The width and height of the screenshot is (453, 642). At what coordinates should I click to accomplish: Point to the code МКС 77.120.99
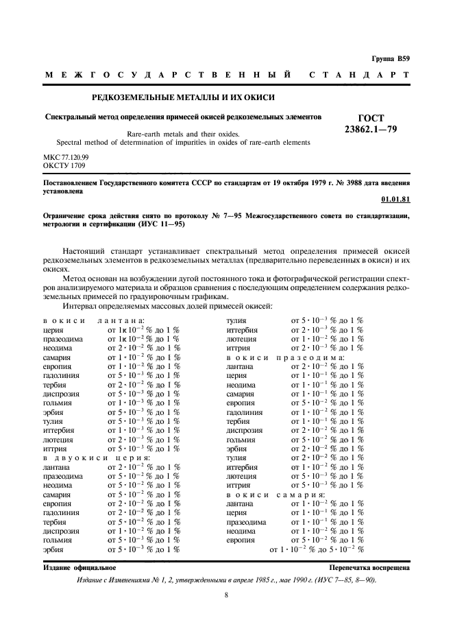coord(66,157)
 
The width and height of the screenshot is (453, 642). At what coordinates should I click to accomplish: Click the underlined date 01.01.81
coord(395,200)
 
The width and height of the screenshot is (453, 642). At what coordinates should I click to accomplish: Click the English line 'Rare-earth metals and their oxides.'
coord(182,134)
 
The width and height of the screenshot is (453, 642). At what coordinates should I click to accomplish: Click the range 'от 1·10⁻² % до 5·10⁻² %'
coord(317,549)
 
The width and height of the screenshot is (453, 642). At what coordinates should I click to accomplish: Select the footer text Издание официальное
coord(79,567)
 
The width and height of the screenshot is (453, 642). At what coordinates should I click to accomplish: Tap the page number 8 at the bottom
coord(226,595)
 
